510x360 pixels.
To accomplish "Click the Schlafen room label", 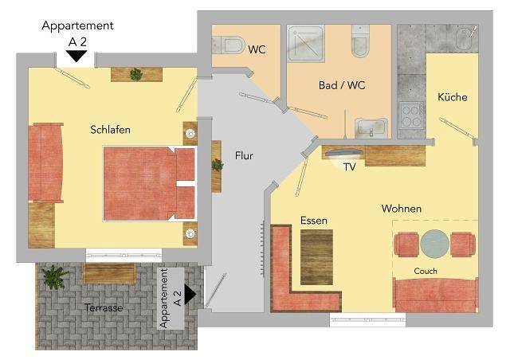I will pos(110,130).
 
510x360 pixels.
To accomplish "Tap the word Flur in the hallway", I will pos(244,155).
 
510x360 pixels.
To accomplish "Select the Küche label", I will pos(452,97).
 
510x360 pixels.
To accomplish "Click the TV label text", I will pos(349,168).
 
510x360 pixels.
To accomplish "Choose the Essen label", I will pos(314,221).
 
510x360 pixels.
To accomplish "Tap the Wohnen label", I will pos(401,209).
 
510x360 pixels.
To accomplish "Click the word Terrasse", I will pos(104,307).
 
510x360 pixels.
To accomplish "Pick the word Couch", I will pos(426,272).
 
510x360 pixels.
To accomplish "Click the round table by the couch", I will pos(435,243).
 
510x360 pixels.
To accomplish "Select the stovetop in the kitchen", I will pos(412,116).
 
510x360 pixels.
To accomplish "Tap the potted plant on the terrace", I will pos(55,277).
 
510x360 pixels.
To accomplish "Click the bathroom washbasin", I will pos(371,126).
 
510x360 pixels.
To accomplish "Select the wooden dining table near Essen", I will pos(316,256).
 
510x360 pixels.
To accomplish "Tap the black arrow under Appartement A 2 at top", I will pos(76,56).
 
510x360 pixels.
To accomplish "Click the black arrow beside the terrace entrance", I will pos(190,295).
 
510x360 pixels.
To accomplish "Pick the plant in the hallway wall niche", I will pos(217,165).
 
